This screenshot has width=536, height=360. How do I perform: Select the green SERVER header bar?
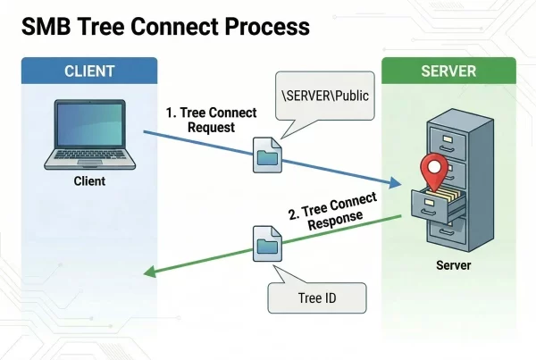click(448, 71)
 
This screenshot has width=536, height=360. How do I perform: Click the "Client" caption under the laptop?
click(89, 181)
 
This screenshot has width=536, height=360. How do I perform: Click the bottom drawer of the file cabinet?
click(450, 234)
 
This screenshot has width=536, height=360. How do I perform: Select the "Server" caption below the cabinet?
click(453, 265)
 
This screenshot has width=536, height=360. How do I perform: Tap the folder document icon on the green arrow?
click(267, 246)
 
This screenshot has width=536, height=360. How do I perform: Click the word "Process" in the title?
click(268, 27)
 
